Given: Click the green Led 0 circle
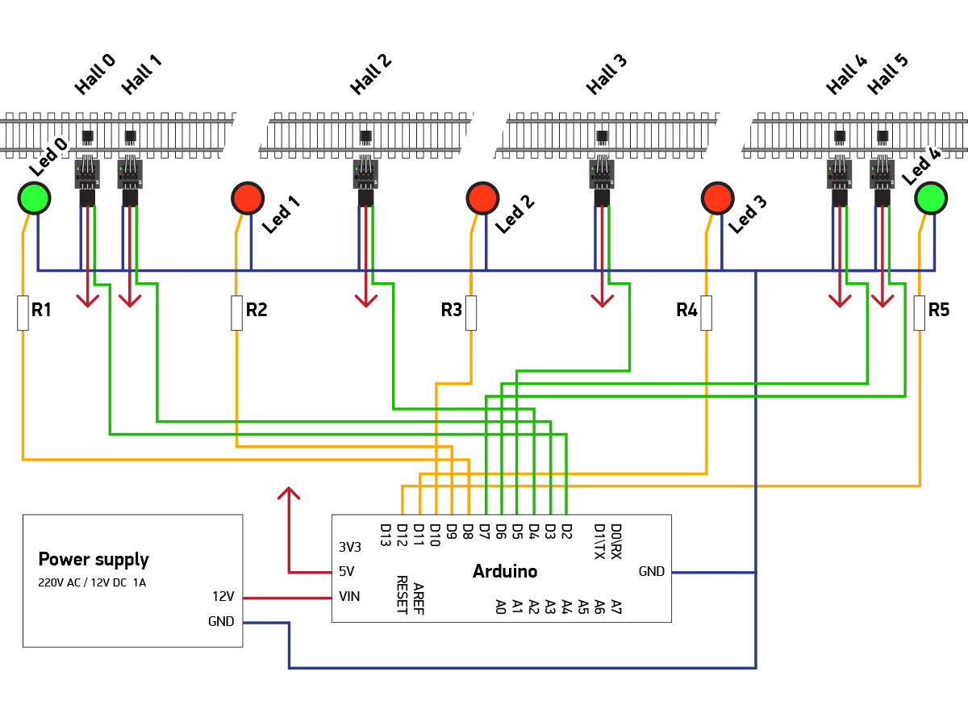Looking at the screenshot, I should click(34, 198).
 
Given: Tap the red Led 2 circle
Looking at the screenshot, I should click(482, 198).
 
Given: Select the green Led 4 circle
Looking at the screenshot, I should click(930, 198).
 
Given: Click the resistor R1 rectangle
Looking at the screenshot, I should click(23, 313).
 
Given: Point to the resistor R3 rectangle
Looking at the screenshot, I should click(471, 313).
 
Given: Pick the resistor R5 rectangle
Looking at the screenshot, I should click(919, 313).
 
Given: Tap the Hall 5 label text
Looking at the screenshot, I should click(888, 74).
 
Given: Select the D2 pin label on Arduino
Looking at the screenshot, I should click(566, 532).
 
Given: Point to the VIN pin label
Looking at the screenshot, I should click(349, 597).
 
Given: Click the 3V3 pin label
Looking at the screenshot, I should click(349, 547).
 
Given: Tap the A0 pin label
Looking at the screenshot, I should click(500, 606).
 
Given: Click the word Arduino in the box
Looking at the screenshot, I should click(505, 572).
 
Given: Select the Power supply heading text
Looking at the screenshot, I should click(94, 560).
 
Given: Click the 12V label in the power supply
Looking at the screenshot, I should click(223, 597).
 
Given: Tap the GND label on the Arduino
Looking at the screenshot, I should click(651, 572).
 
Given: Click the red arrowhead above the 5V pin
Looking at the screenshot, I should click(288, 493).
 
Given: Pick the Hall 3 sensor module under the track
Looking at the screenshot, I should click(602, 174).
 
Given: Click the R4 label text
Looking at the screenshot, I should click(686, 310).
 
